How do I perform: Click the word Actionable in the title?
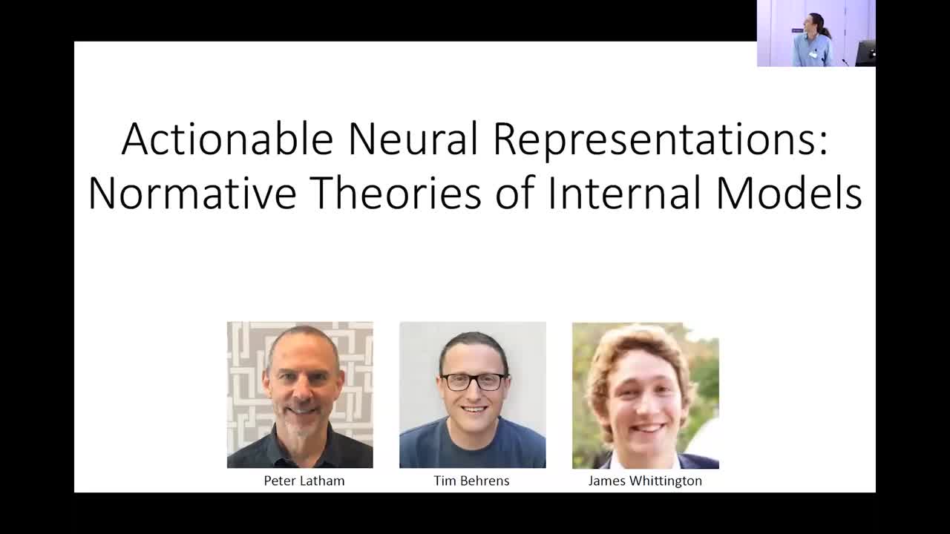(x=227, y=139)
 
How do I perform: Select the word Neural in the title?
(x=413, y=139)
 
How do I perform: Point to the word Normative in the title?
(x=191, y=194)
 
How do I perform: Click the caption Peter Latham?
(x=304, y=481)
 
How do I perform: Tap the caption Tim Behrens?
(x=471, y=481)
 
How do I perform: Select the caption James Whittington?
(x=644, y=481)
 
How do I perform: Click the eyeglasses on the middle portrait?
(x=473, y=382)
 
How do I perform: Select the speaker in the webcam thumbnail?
(x=813, y=41)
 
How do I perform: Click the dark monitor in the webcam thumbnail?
(x=865, y=53)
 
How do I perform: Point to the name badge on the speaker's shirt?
(x=813, y=54)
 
